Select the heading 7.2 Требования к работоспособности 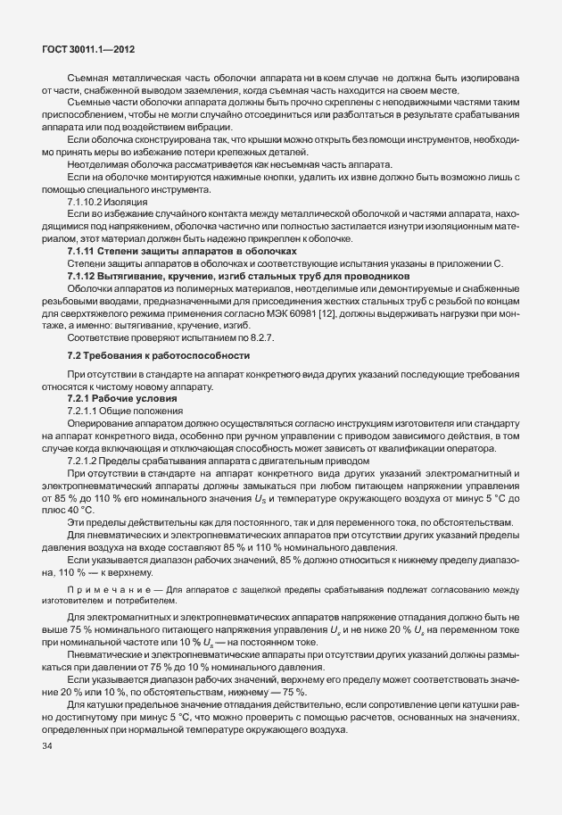click(x=149, y=330)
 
